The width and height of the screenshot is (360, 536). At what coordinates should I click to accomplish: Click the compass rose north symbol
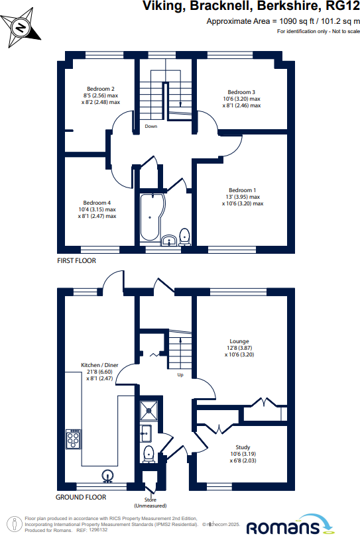click(20, 27)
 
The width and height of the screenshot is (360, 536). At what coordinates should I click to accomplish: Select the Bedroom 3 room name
click(241, 92)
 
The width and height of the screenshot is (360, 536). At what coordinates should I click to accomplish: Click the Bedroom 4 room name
click(97, 203)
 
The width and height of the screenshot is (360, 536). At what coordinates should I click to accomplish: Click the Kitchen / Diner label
click(99, 365)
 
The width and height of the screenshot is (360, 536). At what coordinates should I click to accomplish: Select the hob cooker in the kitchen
click(74, 438)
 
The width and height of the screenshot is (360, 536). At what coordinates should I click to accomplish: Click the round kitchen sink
click(106, 474)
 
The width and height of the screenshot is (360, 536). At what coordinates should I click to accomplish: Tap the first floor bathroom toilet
click(185, 237)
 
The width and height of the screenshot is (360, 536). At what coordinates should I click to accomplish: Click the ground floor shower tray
click(147, 411)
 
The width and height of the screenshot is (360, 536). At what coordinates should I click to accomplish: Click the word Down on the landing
click(151, 126)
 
